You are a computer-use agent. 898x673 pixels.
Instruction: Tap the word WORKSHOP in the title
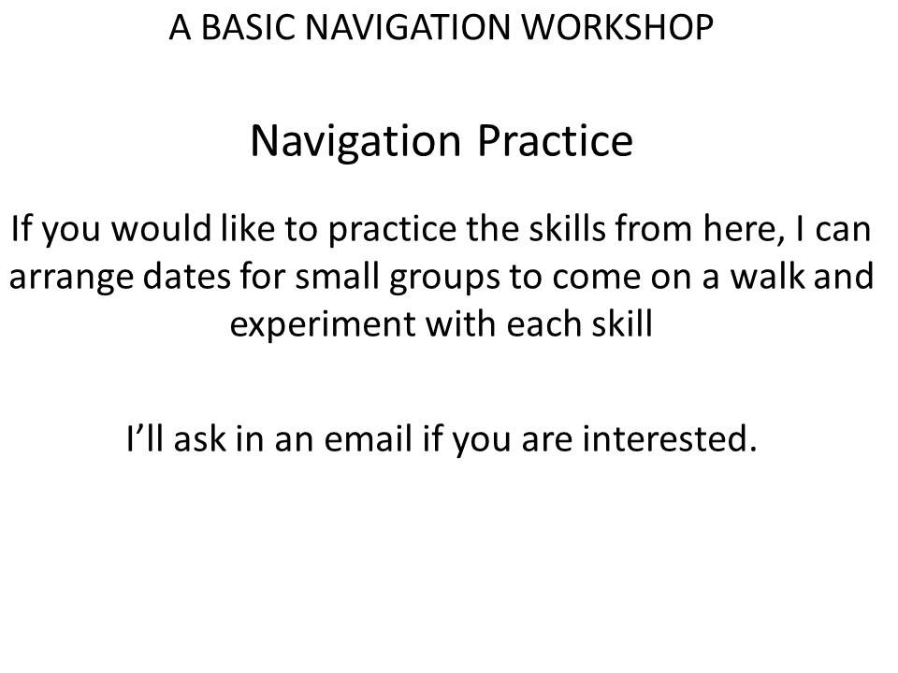point(618,27)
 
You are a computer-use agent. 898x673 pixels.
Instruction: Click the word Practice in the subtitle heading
point(555,141)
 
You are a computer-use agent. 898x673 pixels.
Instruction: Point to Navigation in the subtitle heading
point(355,142)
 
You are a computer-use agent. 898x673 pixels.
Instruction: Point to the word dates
point(185,276)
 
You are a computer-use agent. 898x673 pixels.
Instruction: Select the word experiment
point(322,325)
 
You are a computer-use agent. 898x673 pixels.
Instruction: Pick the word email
point(369,438)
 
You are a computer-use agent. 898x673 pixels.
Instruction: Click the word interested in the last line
point(670,438)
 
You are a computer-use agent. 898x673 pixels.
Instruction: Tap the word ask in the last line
point(199,438)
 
